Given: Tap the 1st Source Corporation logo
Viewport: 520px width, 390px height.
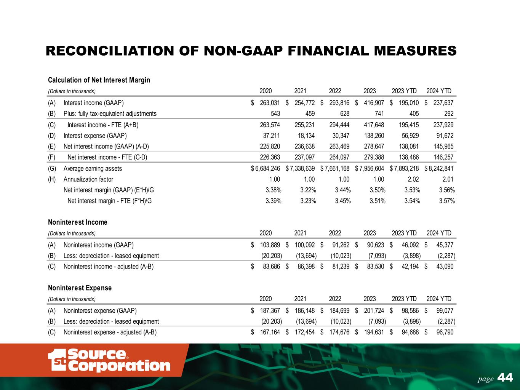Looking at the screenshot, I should [x=109, y=360].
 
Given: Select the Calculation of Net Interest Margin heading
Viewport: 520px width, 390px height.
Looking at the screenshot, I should [x=99, y=80].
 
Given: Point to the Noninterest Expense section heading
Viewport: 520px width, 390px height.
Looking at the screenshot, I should [x=80, y=288].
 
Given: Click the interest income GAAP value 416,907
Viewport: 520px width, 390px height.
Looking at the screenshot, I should [x=373, y=103].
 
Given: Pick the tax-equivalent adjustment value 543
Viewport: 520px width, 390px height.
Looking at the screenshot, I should [x=275, y=113].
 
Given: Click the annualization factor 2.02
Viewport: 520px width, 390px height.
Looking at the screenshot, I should [x=413, y=179].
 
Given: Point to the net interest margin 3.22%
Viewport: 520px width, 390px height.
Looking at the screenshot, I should [x=308, y=190].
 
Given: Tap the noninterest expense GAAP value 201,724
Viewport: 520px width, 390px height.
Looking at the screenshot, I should [x=373, y=311].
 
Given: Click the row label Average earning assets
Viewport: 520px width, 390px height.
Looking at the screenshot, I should [x=93, y=168].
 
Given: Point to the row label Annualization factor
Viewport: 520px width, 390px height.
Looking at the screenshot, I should [x=88, y=179].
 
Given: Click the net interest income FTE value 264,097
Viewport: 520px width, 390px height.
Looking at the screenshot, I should [x=339, y=157].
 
